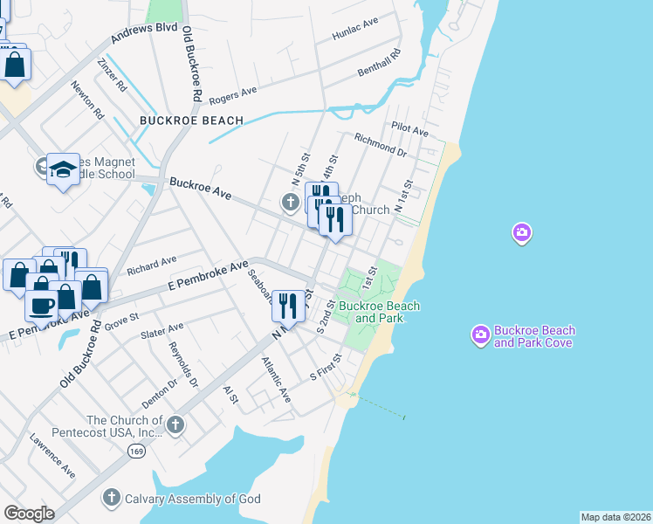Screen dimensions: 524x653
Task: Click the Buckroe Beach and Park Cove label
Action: tap(533, 336)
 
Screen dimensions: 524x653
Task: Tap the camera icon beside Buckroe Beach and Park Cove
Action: tap(480, 334)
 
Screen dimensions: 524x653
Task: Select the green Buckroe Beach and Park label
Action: tap(379, 312)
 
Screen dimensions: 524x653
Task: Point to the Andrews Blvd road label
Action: tap(144, 34)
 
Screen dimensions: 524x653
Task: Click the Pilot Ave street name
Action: tap(410, 130)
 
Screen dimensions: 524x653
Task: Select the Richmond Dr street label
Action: tap(381, 144)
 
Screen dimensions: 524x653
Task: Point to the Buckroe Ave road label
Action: tap(200, 189)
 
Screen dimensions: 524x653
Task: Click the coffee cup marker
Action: tap(40, 306)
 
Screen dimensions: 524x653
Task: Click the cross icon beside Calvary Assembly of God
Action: tap(111, 498)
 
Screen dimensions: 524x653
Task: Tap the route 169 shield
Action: tap(135, 451)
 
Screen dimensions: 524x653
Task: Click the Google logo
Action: tap(29, 513)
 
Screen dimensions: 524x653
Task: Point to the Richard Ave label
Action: tap(151, 260)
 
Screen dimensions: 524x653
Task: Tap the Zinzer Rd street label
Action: tap(113, 75)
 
